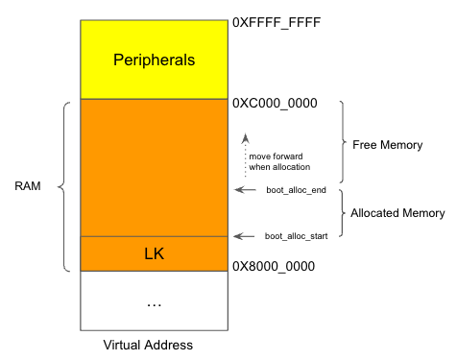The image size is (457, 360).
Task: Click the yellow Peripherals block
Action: pos(154,82)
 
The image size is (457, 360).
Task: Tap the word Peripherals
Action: pos(154,60)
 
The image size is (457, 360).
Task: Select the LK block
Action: pos(154,253)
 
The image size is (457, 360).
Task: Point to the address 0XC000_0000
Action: pos(275,102)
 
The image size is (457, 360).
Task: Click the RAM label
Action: pos(28,185)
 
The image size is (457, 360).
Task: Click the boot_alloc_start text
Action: pos(298,235)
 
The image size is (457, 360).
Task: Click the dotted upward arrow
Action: pos(245,154)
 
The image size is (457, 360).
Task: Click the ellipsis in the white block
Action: pos(154,303)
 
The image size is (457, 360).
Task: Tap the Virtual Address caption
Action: pos(148,344)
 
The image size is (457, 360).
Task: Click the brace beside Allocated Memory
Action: pos(344,213)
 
